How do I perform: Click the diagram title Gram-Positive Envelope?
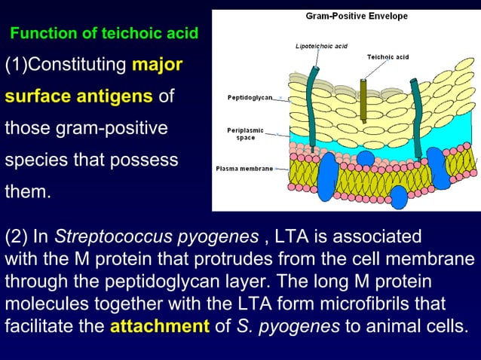coord(357,16)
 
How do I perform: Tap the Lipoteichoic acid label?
coord(320,47)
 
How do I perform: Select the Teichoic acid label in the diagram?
coord(388,57)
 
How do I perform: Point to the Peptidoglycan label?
coord(250,98)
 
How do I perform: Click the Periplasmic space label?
coord(245,134)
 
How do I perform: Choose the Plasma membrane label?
coord(244,168)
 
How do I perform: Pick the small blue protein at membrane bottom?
coord(399,198)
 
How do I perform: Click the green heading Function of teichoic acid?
coord(104,33)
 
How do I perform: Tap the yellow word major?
coord(157,65)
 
